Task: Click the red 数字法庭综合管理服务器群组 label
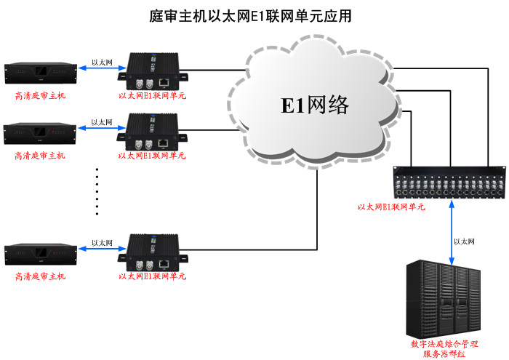tap(444, 348)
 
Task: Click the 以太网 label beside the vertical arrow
tap(464, 241)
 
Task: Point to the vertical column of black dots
tap(97, 192)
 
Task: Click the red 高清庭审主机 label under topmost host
tap(40, 95)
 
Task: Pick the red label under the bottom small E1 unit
tap(153, 276)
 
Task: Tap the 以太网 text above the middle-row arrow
tap(102, 122)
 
